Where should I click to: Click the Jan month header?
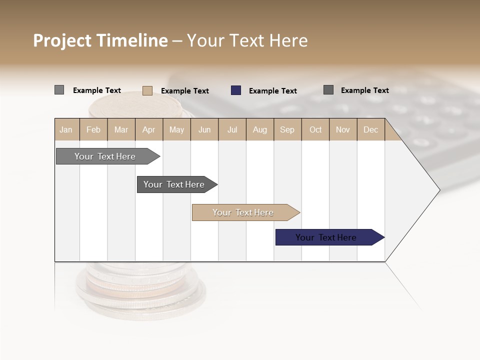pos(66,129)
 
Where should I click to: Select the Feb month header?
pos(93,129)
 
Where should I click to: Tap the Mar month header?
pos(121,129)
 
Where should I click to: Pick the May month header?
pos(176,129)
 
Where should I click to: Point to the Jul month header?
pos(232,129)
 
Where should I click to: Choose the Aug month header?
pos(259,129)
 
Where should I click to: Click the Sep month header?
pos(287,129)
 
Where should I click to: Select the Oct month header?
pos(315,129)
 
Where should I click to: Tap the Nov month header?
pos(342,129)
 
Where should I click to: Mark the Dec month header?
pos(370,129)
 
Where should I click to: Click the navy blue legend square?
pos(236,90)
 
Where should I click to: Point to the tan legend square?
pos(147,90)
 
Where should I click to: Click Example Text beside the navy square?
pos(272,91)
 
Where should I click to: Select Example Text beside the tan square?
pos(184,91)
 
